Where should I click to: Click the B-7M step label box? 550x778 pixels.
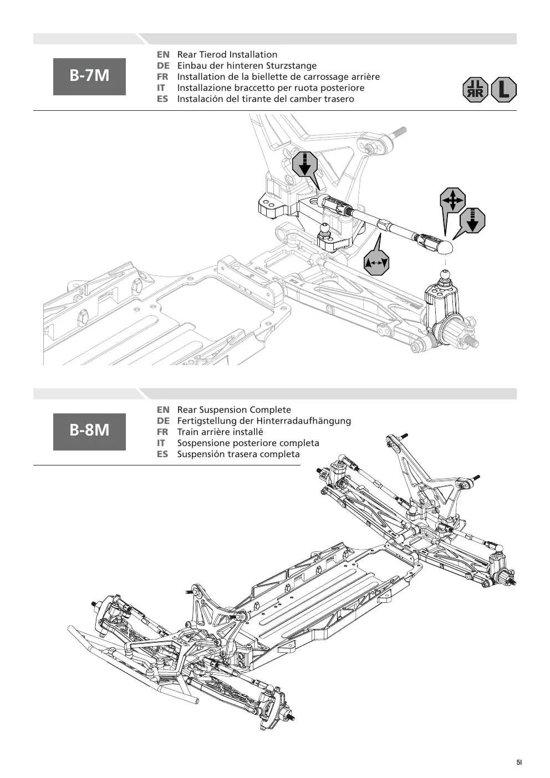(x=89, y=76)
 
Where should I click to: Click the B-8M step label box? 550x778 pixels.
(x=89, y=432)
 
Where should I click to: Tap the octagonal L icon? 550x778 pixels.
(x=504, y=90)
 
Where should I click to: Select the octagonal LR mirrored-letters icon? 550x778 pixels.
(x=475, y=90)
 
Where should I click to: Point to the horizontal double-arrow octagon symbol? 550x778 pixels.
(x=376, y=263)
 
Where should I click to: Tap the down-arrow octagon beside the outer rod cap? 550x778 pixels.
(x=472, y=221)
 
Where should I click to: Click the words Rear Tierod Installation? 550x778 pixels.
(x=227, y=54)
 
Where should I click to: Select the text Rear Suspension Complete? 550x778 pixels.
(x=234, y=410)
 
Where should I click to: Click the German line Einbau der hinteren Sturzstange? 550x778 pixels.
(x=247, y=65)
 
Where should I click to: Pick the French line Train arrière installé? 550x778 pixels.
(x=220, y=432)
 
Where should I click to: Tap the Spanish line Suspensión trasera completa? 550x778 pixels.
(x=238, y=454)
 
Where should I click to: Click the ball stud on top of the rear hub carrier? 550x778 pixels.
(x=444, y=274)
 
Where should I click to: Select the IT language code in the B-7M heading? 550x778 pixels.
(x=161, y=88)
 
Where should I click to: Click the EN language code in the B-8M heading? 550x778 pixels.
(x=163, y=410)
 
